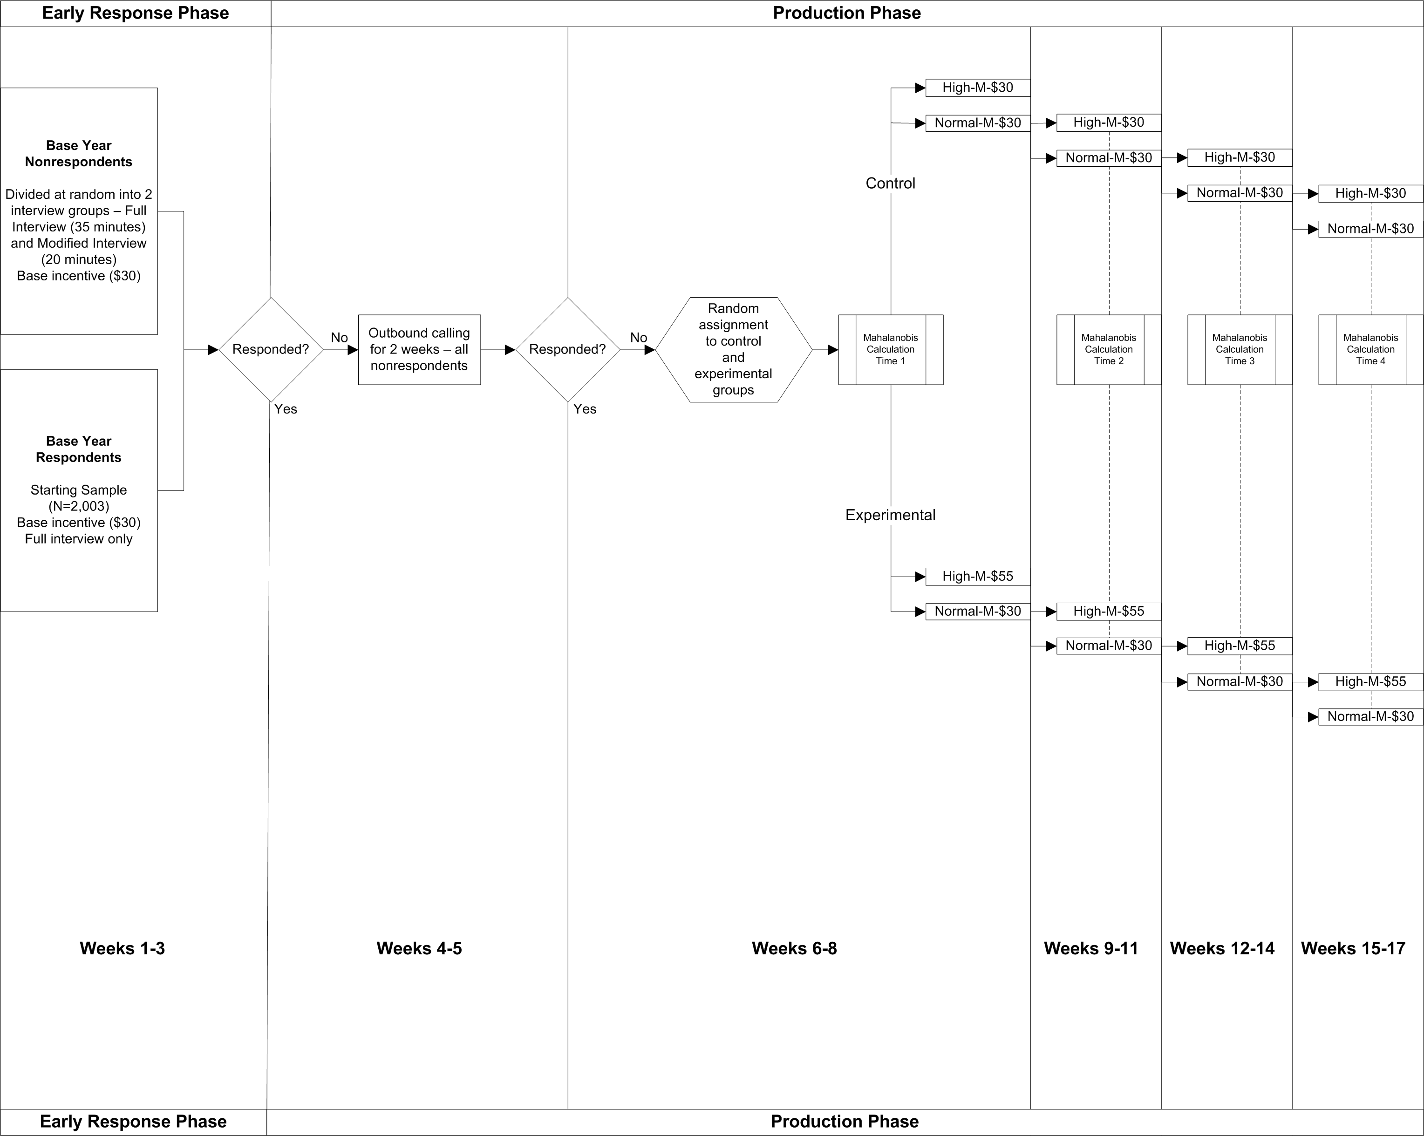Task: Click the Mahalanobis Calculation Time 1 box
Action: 890,349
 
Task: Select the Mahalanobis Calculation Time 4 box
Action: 1370,349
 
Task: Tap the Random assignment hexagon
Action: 733,349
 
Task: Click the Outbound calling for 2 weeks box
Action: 419,349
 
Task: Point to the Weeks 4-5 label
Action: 419,948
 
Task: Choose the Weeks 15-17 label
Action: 1353,948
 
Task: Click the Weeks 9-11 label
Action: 1091,948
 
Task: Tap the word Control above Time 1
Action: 890,183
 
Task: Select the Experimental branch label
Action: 890,515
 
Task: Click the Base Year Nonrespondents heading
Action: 79,154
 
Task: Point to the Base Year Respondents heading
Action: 79,449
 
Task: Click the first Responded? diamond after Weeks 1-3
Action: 271,349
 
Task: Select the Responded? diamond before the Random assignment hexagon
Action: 567,349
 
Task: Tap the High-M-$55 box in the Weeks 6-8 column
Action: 977,577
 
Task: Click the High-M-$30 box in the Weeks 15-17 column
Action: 1370,193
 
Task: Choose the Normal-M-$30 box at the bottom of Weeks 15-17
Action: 1370,717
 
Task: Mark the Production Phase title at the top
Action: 847,13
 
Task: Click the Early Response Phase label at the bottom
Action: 133,1122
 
